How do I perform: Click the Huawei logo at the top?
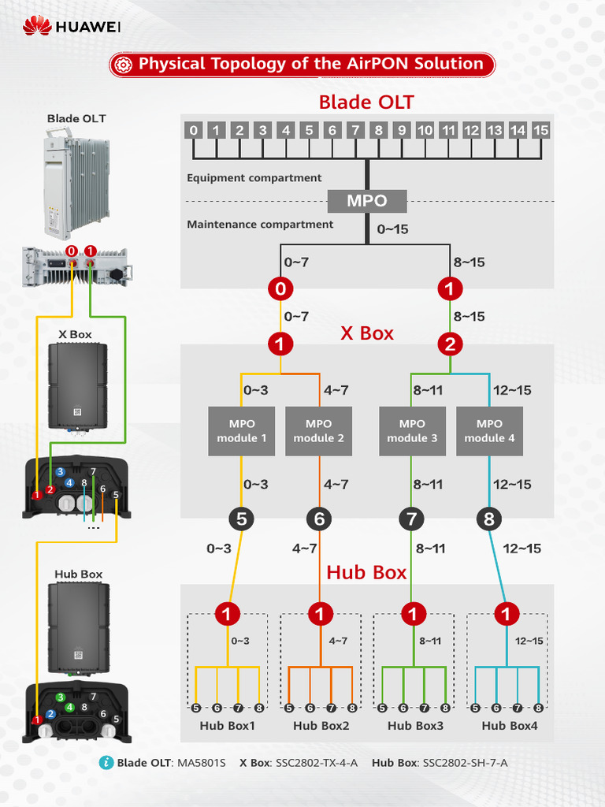click(72, 28)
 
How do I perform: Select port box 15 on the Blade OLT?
click(540, 130)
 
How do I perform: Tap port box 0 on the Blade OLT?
click(194, 130)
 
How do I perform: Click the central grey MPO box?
click(367, 201)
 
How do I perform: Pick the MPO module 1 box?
click(242, 431)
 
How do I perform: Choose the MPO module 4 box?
click(489, 431)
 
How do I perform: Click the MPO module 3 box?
click(412, 431)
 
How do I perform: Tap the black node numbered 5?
click(242, 519)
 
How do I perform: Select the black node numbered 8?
click(489, 519)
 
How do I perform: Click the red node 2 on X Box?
click(450, 344)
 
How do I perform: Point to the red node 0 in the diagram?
click(280, 289)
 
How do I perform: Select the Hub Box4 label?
click(510, 726)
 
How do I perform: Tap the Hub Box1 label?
click(227, 726)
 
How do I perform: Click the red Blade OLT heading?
click(366, 102)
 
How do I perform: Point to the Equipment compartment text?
click(254, 178)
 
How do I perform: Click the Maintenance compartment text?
click(260, 225)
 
